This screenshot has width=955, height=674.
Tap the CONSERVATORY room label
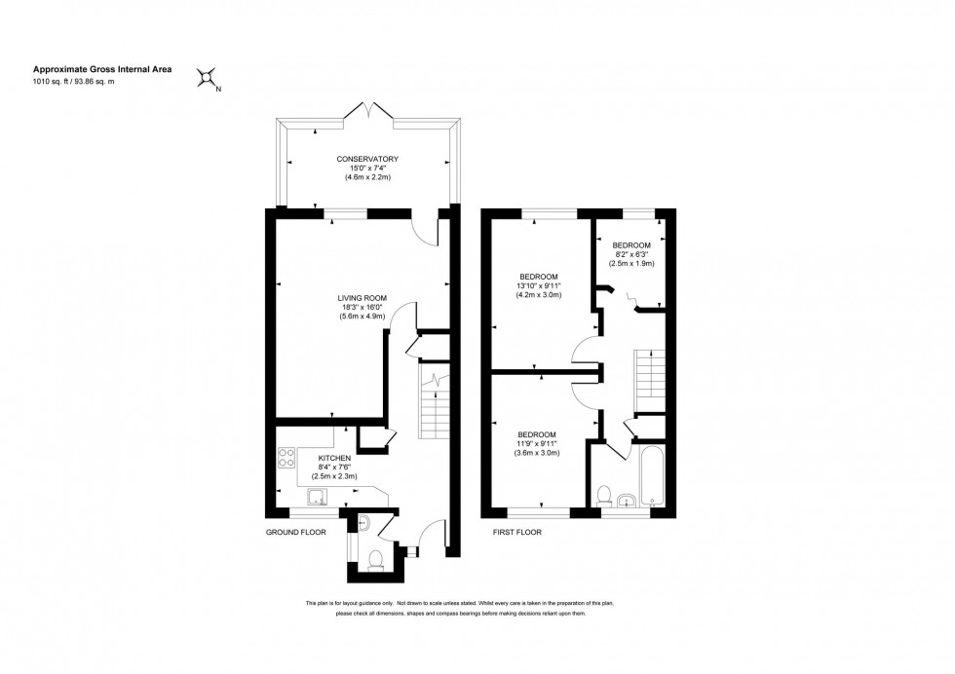367,159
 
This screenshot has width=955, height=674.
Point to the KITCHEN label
334,457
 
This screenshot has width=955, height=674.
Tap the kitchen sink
317,498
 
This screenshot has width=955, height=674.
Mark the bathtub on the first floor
648,477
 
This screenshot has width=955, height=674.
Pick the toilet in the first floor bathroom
603,497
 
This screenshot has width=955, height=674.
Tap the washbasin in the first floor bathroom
626,501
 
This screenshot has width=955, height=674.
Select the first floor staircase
648,376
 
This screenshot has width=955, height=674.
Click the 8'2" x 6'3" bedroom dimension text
631,254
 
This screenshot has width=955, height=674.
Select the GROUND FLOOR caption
295,533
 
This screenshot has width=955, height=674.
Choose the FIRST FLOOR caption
516,533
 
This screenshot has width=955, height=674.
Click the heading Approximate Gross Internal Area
96,69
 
